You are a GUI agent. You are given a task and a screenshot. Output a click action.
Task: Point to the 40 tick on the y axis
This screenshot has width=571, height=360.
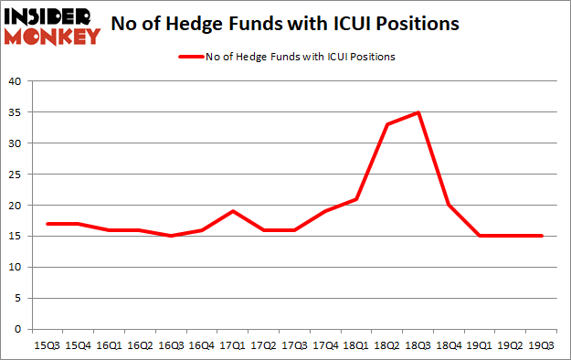16,81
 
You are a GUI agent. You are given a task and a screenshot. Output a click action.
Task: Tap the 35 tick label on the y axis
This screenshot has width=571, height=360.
16,112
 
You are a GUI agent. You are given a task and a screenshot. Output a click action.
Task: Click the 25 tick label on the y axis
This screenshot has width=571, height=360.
16,175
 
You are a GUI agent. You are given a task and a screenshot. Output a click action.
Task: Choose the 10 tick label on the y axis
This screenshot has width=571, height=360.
16,268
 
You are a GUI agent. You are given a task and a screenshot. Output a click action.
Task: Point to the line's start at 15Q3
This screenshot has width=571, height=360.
47,224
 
